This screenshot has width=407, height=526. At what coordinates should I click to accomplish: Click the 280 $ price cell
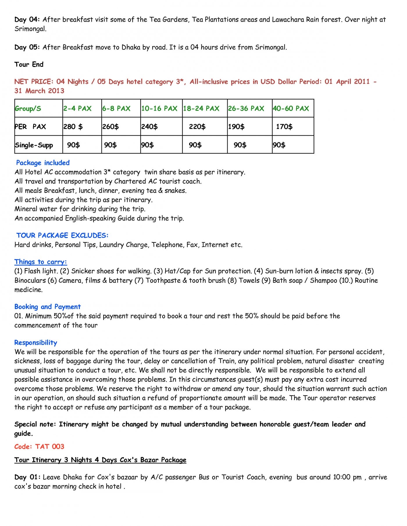tap(73, 127)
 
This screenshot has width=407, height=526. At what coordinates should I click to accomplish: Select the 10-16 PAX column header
tap(159, 109)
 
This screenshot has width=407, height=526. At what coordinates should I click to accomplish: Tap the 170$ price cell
tap(284, 127)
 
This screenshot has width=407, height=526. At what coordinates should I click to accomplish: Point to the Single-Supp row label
tap(34, 145)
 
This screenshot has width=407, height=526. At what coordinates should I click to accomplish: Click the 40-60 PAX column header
tap(291, 109)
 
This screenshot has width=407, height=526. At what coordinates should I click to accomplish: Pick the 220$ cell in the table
tap(197, 127)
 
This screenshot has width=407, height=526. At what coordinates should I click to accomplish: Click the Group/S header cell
tap(28, 109)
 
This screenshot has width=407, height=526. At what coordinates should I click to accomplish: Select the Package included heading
tap(43, 163)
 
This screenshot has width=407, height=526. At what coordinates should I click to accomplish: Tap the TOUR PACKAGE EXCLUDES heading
tap(62, 235)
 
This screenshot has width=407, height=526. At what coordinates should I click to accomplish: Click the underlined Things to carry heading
tap(41, 262)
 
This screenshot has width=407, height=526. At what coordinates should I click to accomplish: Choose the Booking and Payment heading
tap(47, 307)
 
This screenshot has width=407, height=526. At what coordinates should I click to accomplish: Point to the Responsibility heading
tap(36, 342)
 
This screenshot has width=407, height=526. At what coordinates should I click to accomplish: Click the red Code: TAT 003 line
tap(39, 446)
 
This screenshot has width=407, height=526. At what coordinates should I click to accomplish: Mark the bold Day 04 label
tap(27, 19)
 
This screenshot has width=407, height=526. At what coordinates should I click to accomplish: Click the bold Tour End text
tap(29, 64)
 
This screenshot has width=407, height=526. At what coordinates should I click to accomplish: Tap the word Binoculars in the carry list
tap(30, 280)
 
